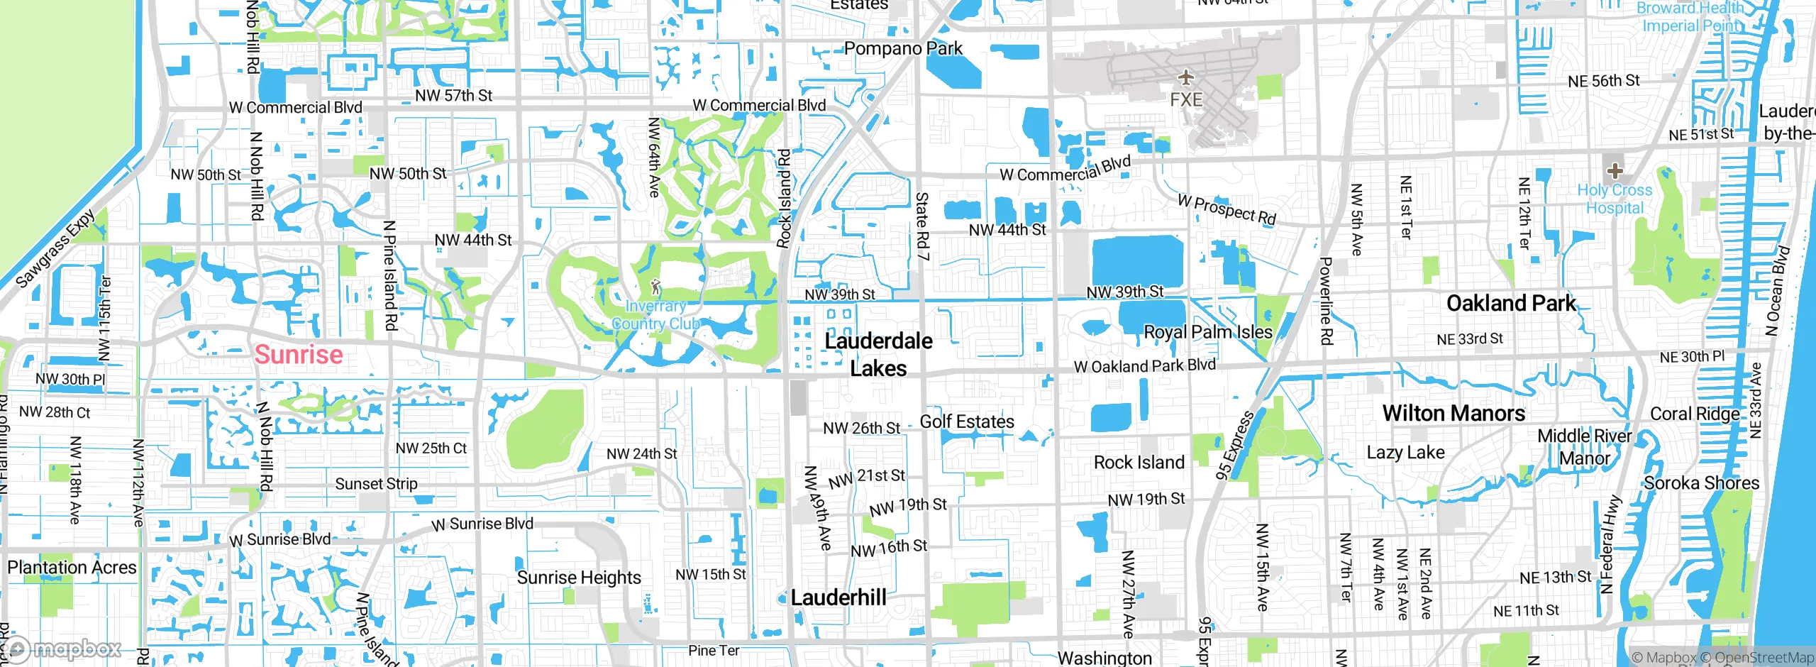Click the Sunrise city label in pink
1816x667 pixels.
tap(299, 354)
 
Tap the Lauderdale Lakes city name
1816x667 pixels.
tap(878, 354)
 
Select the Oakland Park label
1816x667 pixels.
tap(1510, 304)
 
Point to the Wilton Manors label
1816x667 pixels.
tap(1454, 413)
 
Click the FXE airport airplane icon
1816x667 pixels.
tap(1185, 77)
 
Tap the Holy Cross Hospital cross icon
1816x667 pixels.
tap(1615, 171)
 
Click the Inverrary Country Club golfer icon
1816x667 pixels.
tap(655, 287)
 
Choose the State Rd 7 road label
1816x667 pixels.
tap(921, 226)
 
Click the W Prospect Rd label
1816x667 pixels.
tap(1227, 209)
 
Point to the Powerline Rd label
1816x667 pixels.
tap(1325, 301)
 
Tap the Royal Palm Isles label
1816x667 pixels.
tap(1208, 332)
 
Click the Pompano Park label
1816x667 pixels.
tap(903, 49)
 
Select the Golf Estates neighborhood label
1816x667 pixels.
tap(967, 421)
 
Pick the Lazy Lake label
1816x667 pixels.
tap(1405, 453)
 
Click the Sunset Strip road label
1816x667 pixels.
tap(376, 484)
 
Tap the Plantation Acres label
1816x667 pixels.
tap(72, 568)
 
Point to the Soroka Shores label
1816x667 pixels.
tap(1702, 483)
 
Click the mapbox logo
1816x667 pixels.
tap(62, 649)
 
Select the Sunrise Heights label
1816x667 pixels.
tap(579, 578)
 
